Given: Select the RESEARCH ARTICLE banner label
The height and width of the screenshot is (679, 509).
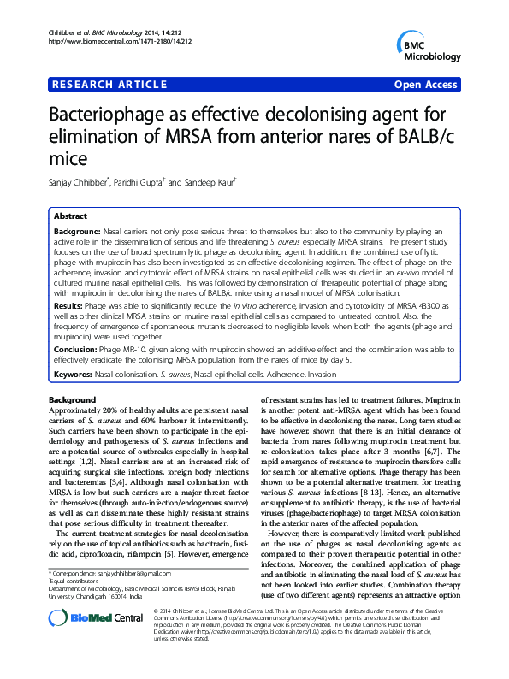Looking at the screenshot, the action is (x=108, y=85).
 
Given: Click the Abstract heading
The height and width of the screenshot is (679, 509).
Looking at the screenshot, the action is (x=72, y=216).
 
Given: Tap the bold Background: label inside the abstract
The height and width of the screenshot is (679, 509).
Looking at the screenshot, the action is (x=77, y=232).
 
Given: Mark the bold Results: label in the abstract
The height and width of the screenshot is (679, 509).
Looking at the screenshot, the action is (x=69, y=305).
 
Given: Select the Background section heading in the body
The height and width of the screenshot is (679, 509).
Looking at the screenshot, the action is (x=72, y=400).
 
